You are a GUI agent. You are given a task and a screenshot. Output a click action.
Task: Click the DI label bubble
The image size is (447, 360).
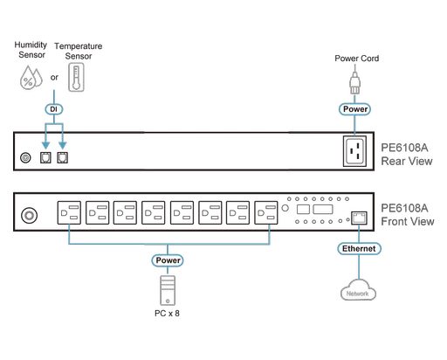[x=54, y=110]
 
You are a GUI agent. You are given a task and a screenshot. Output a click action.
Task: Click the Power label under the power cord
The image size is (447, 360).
[x=354, y=110]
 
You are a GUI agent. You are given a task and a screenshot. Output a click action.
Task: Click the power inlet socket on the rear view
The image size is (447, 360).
[x=354, y=152]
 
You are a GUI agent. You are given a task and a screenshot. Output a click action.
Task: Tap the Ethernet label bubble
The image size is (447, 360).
[x=358, y=249]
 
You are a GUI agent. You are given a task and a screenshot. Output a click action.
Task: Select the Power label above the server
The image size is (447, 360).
[x=167, y=260]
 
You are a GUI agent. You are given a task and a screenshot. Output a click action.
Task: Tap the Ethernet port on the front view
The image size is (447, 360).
[x=358, y=216]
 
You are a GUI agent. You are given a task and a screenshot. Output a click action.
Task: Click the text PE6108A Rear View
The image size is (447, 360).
[x=405, y=154]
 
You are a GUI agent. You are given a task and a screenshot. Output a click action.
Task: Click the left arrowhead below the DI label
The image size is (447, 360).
[x=45, y=139]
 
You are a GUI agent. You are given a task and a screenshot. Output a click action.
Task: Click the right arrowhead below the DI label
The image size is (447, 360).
[x=63, y=139]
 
